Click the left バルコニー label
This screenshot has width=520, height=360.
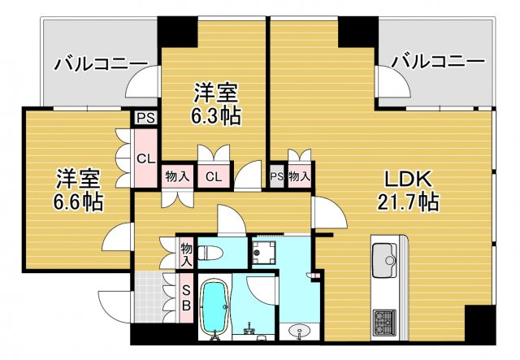point(101,63)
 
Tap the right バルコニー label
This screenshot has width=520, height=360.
point(437,62)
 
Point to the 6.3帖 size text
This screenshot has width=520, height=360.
point(215,115)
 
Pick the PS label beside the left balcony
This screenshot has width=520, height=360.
point(146,118)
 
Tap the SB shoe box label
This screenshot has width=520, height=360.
point(185,297)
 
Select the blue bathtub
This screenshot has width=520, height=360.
point(215,308)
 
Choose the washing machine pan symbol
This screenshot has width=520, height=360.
point(266,252)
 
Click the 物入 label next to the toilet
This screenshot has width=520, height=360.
point(186,253)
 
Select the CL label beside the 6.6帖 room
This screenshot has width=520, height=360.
point(146,158)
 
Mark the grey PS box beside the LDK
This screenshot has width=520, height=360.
point(276,176)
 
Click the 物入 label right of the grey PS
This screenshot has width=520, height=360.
point(299,176)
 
